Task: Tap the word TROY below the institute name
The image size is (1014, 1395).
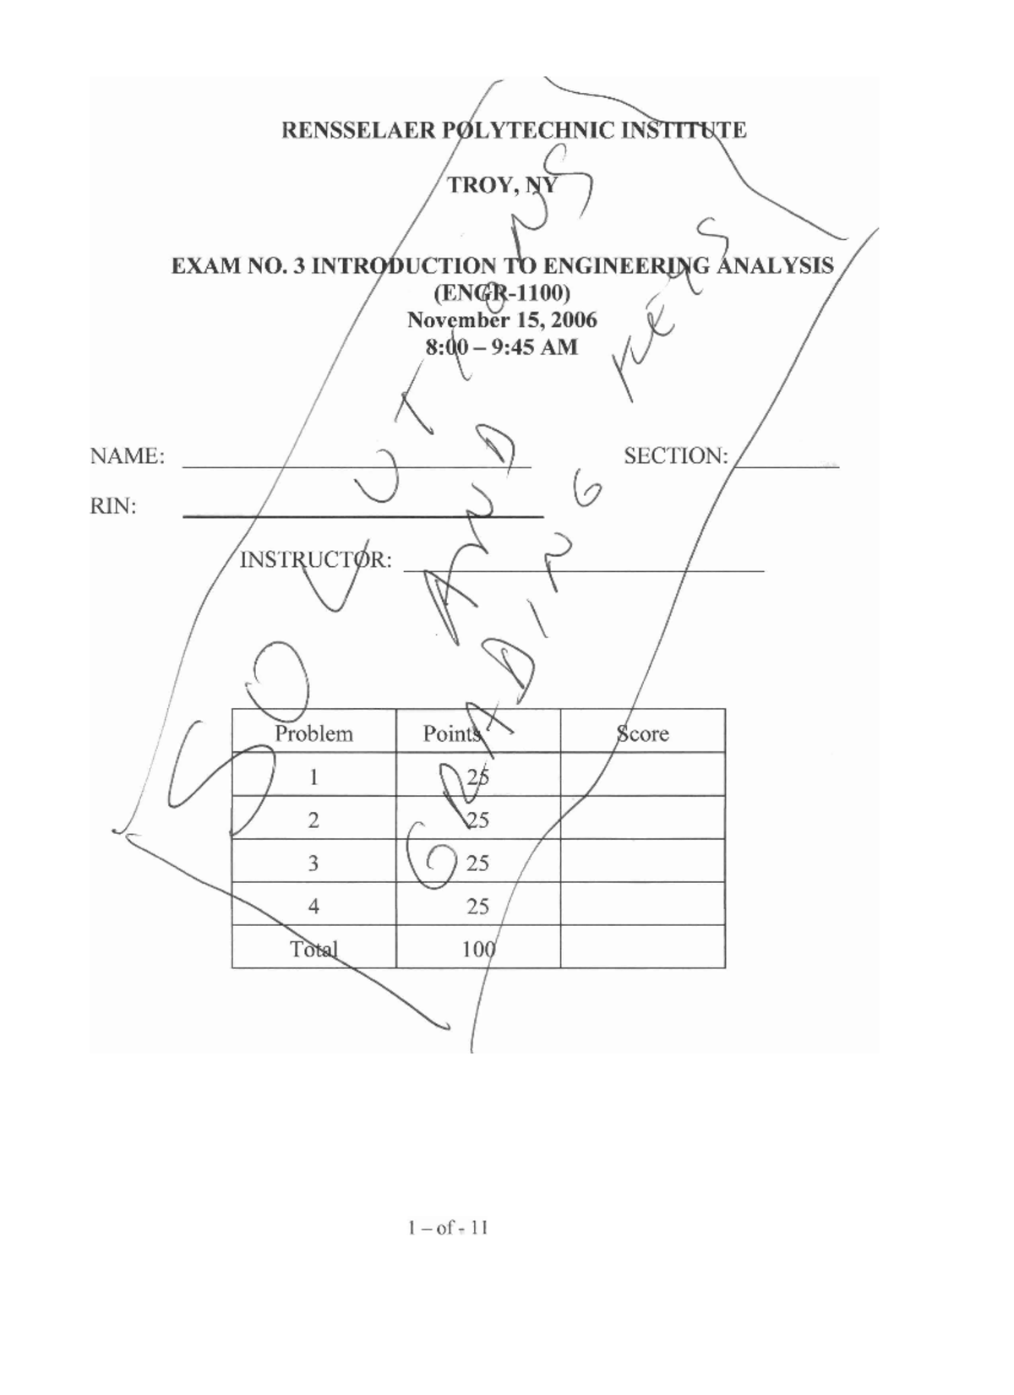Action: coord(480,185)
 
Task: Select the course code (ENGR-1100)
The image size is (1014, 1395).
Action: coord(502,293)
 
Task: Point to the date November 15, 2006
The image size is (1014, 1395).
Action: coord(502,320)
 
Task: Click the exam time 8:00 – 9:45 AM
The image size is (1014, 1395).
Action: coord(502,347)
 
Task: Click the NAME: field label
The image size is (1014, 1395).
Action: coord(128,456)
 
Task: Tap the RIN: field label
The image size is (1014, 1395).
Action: coord(113,507)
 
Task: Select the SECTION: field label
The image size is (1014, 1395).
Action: coord(676,456)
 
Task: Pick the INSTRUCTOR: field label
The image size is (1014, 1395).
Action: coord(316,560)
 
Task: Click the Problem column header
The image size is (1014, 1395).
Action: coord(313,733)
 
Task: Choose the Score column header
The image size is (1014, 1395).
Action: coord(642,733)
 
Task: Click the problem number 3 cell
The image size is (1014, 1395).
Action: coord(313,863)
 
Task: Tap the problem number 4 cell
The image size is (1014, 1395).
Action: coord(313,907)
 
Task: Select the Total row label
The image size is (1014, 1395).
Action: coord(313,949)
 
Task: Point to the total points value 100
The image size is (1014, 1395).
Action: coord(478,949)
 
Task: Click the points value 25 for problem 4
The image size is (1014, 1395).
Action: coord(478,907)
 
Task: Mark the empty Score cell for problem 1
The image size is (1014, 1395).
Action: coord(642,775)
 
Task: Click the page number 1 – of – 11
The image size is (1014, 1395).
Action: coord(448,1228)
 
